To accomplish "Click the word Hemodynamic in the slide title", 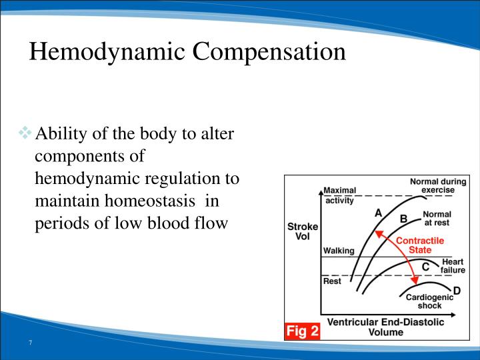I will [x=100, y=52].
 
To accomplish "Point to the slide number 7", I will [x=30, y=343].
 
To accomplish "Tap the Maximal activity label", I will [x=340, y=194].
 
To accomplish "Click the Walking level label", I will [x=338, y=251].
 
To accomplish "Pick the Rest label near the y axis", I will [x=332, y=281].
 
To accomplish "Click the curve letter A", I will [x=378, y=213].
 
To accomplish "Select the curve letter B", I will [x=403, y=218].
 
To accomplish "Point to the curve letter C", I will [x=425, y=267].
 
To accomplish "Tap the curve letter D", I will [x=457, y=290].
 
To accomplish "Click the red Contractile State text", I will [x=420, y=245].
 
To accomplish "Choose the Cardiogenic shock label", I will [x=429, y=301].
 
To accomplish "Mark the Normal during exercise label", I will [x=432, y=185].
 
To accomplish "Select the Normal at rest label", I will [x=437, y=218].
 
